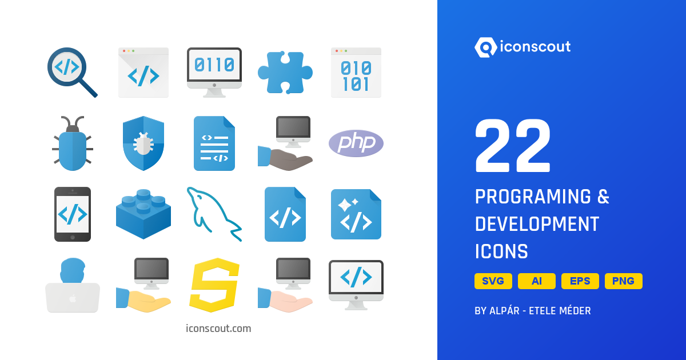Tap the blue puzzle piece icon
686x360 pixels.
pyautogui.click(x=285, y=73)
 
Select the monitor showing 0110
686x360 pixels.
pyautogui.click(x=214, y=72)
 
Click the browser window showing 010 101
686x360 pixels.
pyautogui.click(x=356, y=73)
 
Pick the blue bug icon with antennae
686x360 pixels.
pyautogui.click(x=73, y=145)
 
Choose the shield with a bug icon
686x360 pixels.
pyautogui.click(x=143, y=143)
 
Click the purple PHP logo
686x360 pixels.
pyautogui.click(x=356, y=143)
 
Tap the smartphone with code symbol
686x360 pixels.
pyautogui.click(x=73, y=214)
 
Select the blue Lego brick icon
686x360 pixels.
pyautogui.click(x=143, y=214)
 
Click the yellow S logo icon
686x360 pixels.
pyautogui.click(x=214, y=285)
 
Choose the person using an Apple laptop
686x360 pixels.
pyautogui.click(x=73, y=285)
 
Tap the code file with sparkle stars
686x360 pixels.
pyautogui.click(x=356, y=214)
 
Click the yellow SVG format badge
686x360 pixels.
pyautogui.click(x=493, y=281)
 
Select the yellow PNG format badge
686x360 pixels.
pyautogui.click(x=624, y=281)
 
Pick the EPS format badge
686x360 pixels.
pyautogui.click(x=580, y=281)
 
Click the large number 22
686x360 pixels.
pyautogui.click(x=513, y=147)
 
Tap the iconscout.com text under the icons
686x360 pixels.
pyautogui.click(x=218, y=329)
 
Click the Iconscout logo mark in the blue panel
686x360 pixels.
pyautogui.click(x=486, y=47)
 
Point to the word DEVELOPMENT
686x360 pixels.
pyautogui.click(x=537, y=224)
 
